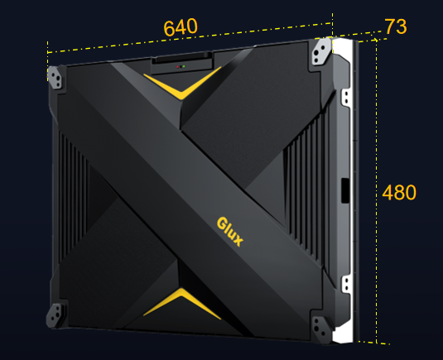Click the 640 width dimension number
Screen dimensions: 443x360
pos(181,27)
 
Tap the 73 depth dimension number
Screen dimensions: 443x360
pos(396,26)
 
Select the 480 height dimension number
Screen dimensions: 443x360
pos(399,193)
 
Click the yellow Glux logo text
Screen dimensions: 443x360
pos(229,232)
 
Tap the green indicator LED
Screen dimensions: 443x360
pos(184,67)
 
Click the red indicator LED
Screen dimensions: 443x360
pos(178,67)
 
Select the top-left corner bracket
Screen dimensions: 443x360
pos(55,77)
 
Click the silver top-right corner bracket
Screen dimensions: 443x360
pos(321,51)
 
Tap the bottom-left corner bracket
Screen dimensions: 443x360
pos(55,315)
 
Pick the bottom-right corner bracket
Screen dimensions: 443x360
pos(321,329)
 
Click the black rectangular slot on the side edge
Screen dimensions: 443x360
pos(345,190)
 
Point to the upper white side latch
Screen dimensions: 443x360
pos(345,98)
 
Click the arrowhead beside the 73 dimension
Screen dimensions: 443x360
pos(375,40)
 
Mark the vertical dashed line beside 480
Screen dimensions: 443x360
pos(376,192)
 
